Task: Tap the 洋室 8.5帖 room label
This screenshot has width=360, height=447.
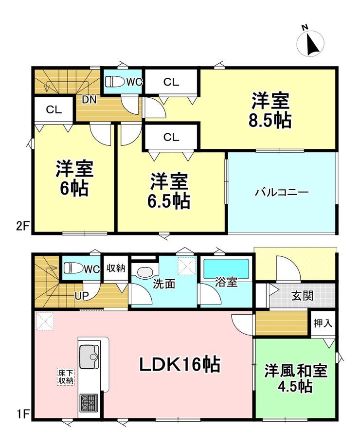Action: pos(270,110)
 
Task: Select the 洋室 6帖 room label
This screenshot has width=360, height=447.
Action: pos(74,178)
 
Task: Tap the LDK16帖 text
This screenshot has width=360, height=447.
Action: pos(180,365)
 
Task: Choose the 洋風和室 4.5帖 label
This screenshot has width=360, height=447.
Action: pos(296,378)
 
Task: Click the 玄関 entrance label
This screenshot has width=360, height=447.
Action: pos(303,296)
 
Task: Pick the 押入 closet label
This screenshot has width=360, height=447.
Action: pos(323,323)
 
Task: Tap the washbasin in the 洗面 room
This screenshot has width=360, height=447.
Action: pos(145,272)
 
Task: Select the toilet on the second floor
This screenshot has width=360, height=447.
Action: pos(115,82)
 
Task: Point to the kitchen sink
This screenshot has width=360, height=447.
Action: pos(89,357)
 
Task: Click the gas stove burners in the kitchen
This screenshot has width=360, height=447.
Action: pos(89,403)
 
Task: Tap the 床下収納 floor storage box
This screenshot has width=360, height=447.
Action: pos(66,377)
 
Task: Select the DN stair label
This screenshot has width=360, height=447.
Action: pos(89,100)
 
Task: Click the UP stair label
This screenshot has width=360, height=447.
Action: pos(82,296)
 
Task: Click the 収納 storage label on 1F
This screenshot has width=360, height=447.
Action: pos(116,268)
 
